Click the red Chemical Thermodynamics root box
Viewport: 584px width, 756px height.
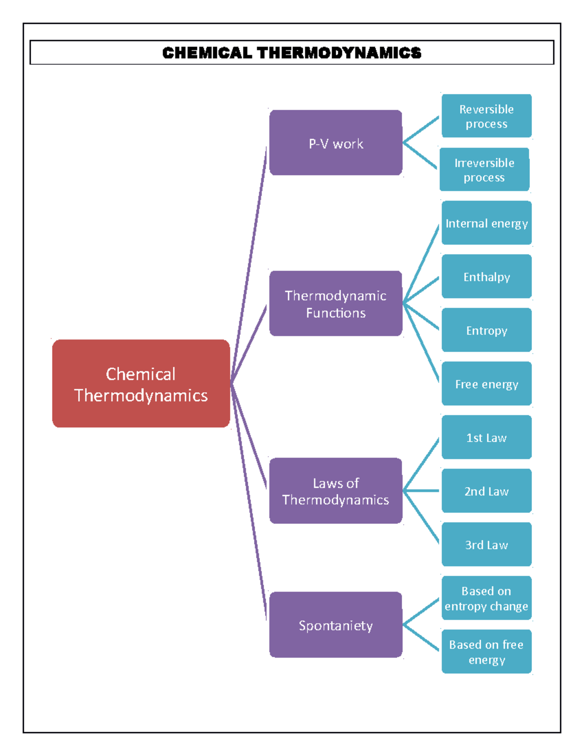(141, 384)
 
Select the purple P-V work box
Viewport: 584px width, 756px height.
(336, 143)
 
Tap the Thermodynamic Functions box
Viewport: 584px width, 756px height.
(336, 303)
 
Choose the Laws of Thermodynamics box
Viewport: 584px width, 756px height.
(336, 491)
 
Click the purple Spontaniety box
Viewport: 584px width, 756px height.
(336, 625)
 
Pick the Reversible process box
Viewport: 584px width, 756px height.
(486, 116)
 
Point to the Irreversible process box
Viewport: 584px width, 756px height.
(484, 169)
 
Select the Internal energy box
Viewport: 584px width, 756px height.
(486, 223)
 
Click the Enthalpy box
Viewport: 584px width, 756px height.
(486, 277)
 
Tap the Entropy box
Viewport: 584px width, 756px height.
(486, 330)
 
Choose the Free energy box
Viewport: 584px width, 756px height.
(486, 384)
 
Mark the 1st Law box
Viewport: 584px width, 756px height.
(486, 437)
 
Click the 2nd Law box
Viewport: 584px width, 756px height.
(486, 491)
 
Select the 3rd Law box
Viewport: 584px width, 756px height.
(486, 544)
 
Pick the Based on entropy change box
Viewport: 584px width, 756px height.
(486, 598)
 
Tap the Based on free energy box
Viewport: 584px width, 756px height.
(486, 651)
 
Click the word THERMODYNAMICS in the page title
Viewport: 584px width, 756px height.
(339, 53)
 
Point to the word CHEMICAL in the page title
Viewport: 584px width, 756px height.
(207, 53)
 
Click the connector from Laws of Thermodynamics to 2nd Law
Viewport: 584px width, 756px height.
(421, 491)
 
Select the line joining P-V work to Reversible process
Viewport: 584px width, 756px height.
(421, 129)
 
